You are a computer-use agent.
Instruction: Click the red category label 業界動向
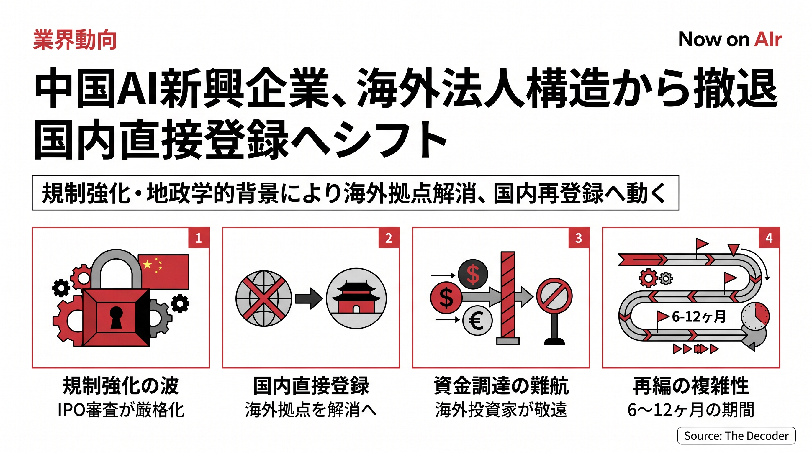[75, 40]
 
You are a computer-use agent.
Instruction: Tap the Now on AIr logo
[730, 40]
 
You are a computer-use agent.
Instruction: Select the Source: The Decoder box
[736, 436]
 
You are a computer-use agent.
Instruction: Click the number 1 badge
[199, 238]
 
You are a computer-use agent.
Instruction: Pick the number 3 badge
[579, 238]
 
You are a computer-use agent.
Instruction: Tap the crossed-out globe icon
[263, 298]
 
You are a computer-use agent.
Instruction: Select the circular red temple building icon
[356, 298]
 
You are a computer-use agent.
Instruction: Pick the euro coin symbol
[477, 321]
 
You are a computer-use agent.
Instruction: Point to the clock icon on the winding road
[755, 316]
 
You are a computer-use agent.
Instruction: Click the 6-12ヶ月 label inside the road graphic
[699, 316]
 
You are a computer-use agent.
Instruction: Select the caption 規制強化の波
[121, 385]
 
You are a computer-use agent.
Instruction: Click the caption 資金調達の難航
[501, 385]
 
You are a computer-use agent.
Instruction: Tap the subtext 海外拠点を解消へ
[311, 410]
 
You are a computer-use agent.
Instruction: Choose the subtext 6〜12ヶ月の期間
[691, 410]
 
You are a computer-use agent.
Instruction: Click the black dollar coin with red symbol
[473, 274]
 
